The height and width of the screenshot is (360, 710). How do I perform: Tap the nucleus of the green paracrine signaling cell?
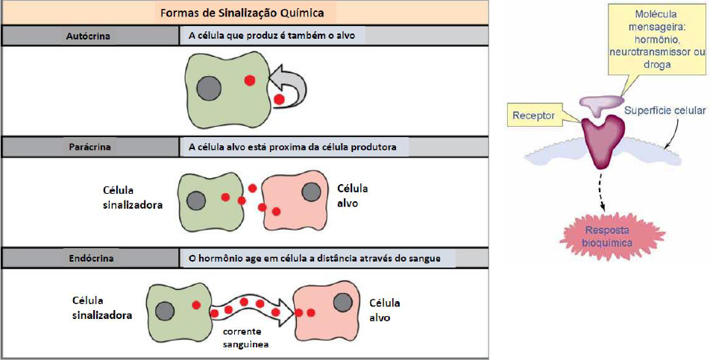pos(196,200)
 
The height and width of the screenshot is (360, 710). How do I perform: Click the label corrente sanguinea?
pos(242,339)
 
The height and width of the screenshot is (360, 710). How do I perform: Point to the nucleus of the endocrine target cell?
pos(343,303)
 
